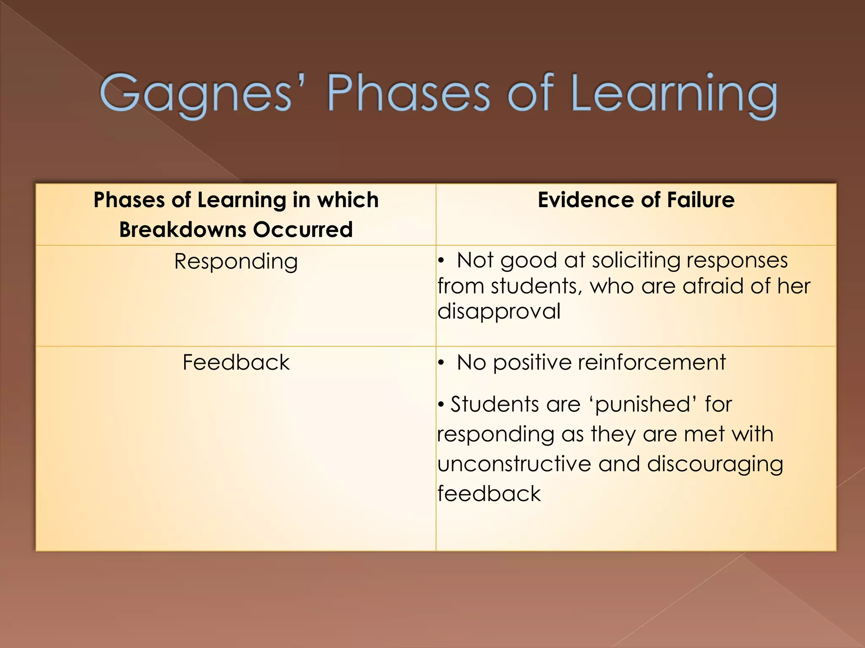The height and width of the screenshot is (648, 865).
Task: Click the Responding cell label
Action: (x=236, y=262)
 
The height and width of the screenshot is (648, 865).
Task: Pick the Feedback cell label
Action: (x=236, y=362)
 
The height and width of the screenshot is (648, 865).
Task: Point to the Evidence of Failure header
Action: (x=636, y=200)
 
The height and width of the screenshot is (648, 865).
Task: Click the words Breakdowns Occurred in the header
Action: (x=236, y=230)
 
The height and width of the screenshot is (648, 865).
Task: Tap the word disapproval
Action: (x=499, y=311)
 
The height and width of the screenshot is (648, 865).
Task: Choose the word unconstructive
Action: (x=514, y=464)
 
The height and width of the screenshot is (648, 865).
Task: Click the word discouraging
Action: (x=715, y=464)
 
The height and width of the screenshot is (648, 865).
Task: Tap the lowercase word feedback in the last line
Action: (x=489, y=494)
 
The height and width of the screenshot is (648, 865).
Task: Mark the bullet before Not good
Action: (x=441, y=261)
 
